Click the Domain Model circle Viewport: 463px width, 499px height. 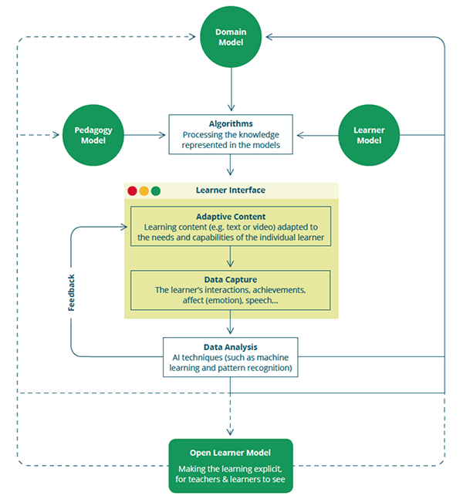pyautogui.click(x=231, y=37)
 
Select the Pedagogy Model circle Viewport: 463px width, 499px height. pyautogui.click(x=93, y=135)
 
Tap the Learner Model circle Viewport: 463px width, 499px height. pyautogui.click(x=369, y=135)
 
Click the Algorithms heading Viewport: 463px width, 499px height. pyautogui.click(x=231, y=124)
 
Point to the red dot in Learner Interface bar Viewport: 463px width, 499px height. pyautogui.click(x=132, y=191)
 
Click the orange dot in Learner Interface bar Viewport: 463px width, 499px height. pyautogui.click(x=144, y=191)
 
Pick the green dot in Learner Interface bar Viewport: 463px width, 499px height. pyautogui.click(x=156, y=191)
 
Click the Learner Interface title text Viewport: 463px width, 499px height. pyautogui.click(x=231, y=190)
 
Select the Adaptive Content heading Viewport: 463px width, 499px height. pyautogui.click(x=231, y=217)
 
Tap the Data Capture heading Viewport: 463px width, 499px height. pyautogui.click(x=231, y=280)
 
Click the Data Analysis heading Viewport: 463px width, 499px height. pyautogui.click(x=231, y=347)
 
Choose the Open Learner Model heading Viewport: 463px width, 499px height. pyautogui.click(x=230, y=453)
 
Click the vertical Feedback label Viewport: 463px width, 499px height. pyautogui.click(x=71, y=293)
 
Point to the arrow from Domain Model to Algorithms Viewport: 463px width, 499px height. pyautogui.click(x=231, y=89)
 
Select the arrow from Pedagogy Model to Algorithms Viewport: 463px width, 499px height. pyautogui.click(x=145, y=135)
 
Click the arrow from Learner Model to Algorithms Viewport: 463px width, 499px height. pyautogui.click(x=317, y=135)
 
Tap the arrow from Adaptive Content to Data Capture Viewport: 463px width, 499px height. pyautogui.click(x=231, y=257)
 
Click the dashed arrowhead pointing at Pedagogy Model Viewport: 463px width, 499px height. pyautogui.click(x=56, y=135)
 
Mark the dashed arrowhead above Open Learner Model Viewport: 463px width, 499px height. pyautogui.click(x=230, y=432)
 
